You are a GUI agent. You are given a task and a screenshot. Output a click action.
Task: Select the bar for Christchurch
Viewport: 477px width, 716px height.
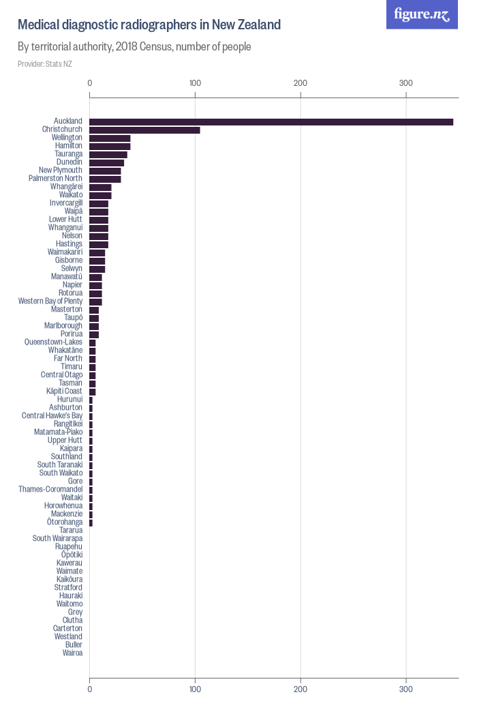click(x=144, y=130)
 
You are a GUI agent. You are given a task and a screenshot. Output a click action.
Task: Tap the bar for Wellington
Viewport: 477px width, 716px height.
click(x=110, y=138)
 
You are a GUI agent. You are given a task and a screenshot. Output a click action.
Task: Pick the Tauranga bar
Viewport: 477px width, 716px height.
click(x=108, y=154)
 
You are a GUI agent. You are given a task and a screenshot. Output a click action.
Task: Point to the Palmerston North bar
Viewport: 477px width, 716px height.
click(x=105, y=179)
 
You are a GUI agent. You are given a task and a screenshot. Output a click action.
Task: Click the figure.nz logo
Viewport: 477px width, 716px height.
click(x=422, y=14)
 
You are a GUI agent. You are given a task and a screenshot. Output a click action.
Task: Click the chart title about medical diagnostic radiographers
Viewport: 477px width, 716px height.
click(x=149, y=25)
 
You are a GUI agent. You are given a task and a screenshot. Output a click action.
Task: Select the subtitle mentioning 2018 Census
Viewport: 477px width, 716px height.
click(x=134, y=47)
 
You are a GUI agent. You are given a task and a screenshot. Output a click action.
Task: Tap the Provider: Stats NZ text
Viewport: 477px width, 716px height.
click(x=44, y=64)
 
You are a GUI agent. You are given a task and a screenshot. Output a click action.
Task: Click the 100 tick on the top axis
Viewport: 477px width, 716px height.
click(x=195, y=83)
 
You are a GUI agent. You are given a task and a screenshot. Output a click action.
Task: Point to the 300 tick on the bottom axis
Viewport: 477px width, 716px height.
click(x=406, y=689)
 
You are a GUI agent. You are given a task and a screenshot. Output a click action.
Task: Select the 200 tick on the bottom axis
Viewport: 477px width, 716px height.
click(x=301, y=689)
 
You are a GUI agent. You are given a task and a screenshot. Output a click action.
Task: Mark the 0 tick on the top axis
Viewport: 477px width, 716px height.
click(x=90, y=83)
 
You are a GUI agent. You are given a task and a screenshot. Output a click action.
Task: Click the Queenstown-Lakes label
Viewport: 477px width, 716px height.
click(x=53, y=342)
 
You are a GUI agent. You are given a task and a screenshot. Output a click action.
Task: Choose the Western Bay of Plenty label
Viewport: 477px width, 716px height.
click(x=50, y=301)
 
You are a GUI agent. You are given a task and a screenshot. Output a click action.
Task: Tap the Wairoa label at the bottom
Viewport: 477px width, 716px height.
click(x=72, y=653)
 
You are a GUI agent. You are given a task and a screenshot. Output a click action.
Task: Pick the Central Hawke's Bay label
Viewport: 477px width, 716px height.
click(x=52, y=416)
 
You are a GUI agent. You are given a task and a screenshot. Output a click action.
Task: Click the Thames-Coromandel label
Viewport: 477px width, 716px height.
click(x=50, y=490)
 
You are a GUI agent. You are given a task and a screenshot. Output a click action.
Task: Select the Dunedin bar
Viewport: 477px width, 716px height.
click(x=107, y=162)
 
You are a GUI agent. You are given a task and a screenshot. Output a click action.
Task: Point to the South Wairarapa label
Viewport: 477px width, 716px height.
click(x=57, y=539)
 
